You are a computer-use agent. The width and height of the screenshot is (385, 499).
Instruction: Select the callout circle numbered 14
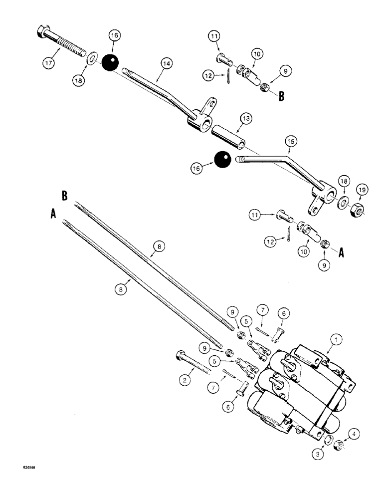[166, 63]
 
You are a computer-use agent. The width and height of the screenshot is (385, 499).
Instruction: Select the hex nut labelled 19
[358, 207]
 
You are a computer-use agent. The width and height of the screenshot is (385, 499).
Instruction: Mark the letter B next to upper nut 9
[282, 96]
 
